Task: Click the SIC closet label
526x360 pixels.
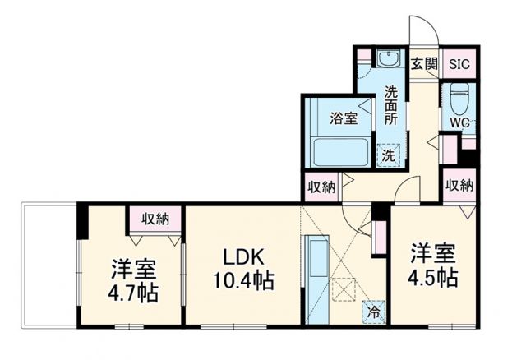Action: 458,63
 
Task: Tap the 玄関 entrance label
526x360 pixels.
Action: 423,63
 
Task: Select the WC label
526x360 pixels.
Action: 458,123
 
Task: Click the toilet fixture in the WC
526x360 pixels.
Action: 458,95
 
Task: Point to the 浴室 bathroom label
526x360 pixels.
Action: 344,118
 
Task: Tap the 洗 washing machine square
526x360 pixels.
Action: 386,154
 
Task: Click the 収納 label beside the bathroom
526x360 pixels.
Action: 321,186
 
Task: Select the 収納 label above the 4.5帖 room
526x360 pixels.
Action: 459,185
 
